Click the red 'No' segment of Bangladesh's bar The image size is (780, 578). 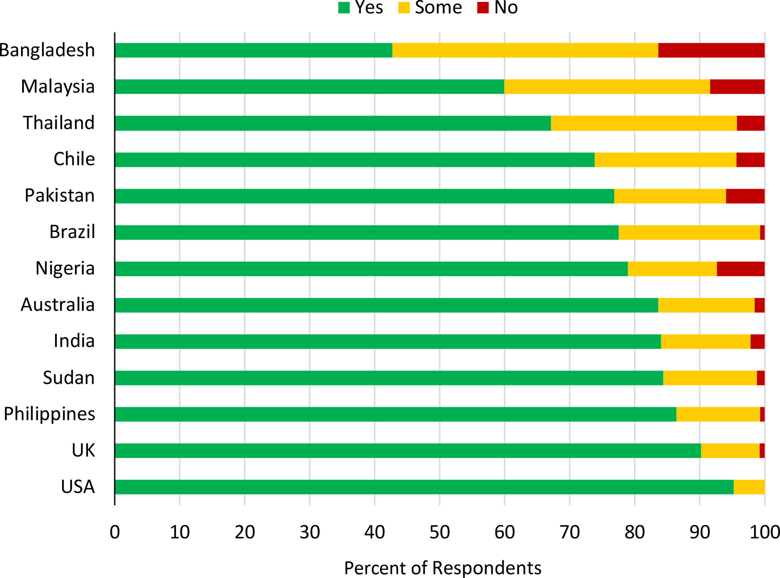click(x=711, y=50)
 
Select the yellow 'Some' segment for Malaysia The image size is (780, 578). click(x=607, y=87)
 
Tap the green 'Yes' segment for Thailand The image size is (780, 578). click(x=333, y=123)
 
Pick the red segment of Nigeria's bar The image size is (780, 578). click(x=740, y=269)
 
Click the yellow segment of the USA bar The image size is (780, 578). click(x=749, y=487)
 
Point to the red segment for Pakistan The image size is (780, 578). click(x=745, y=196)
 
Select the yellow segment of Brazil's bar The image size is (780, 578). click(x=689, y=232)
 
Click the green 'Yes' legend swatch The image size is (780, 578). click(x=344, y=8)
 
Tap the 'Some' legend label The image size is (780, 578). click(x=438, y=8)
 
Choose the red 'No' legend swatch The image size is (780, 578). click(x=483, y=8)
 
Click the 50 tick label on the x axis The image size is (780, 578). click(x=440, y=532)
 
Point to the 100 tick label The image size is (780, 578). click(x=764, y=532)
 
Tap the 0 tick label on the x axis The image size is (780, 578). click(x=115, y=532)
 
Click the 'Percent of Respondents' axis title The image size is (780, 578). click(x=442, y=568)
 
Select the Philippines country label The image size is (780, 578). click(x=49, y=414)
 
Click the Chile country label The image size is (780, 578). click(x=74, y=159)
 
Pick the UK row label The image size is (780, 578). click(x=83, y=450)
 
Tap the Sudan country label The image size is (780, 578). click(x=69, y=378)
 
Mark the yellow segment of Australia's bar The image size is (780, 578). click(x=706, y=305)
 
